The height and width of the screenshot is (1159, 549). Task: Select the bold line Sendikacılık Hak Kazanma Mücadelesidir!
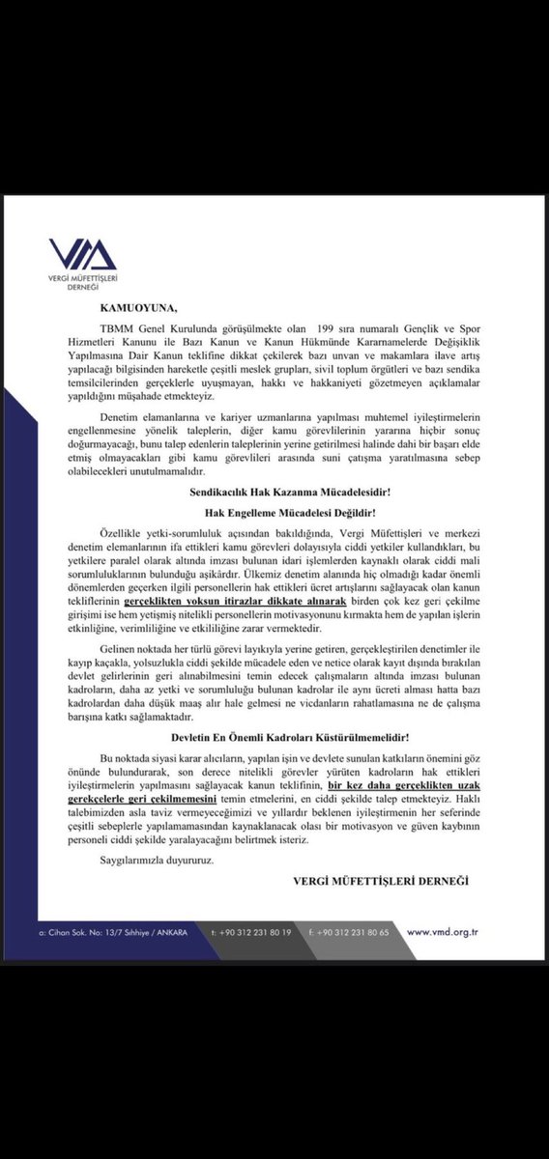(274, 494)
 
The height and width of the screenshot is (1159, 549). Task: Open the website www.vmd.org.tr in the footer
(444, 932)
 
